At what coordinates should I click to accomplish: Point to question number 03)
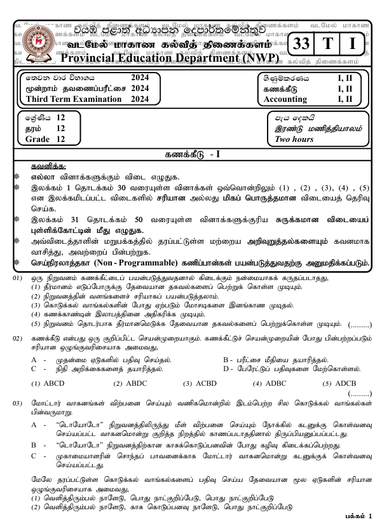click(18, 404)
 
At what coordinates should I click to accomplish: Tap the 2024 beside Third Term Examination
click(139, 100)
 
